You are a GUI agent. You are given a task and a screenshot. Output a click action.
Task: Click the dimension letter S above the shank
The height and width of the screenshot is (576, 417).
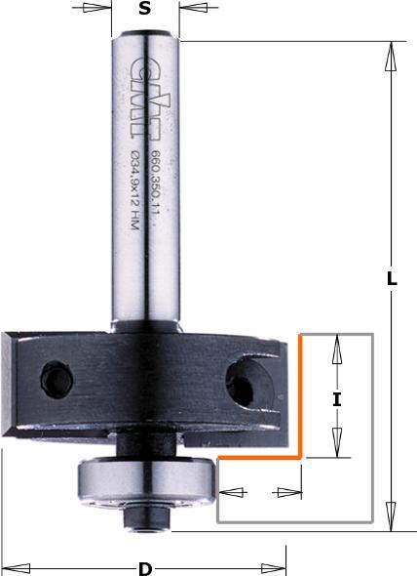click(x=144, y=10)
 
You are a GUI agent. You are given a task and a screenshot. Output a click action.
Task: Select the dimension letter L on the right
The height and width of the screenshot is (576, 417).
click(x=392, y=278)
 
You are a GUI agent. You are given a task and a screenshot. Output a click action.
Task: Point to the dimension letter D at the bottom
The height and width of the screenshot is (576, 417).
click(x=145, y=568)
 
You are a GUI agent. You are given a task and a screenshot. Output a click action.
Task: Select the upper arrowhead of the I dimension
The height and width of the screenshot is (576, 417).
click(x=337, y=347)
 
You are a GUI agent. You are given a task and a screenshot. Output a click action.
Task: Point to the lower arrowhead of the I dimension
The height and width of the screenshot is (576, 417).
click(x=337, y=445)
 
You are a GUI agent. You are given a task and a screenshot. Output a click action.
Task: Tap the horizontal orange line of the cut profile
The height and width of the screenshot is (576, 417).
click(x=258, y=456)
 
